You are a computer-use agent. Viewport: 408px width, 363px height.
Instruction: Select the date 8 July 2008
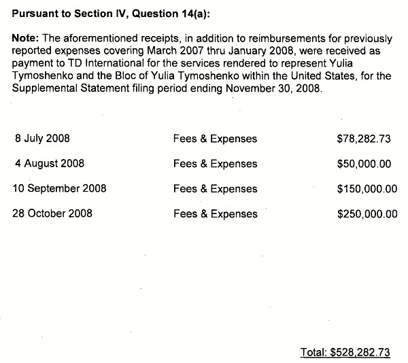tap(42, 139)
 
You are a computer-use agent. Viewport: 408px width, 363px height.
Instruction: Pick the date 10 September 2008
tap(60, 188)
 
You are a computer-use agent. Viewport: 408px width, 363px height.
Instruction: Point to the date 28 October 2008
tap(53, 213)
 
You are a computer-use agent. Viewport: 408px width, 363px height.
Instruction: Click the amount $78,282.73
tap(364, 139)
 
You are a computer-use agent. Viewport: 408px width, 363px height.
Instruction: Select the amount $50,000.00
tap(364, 164)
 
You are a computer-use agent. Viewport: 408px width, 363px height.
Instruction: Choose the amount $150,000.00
tap(367, 188)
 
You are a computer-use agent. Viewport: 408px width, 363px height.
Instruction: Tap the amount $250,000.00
tap(367, 213)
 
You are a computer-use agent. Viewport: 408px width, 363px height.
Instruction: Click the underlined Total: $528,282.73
tap(345, 352)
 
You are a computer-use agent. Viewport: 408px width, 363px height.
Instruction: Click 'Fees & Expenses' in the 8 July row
tap(216, 139)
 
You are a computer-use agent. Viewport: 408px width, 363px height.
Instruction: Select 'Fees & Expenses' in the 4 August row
tap(216, 164)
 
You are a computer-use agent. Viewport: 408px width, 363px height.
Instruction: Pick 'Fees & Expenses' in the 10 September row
tap(216, 188)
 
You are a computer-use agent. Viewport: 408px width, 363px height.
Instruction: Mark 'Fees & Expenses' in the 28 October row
tap(216, 213)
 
